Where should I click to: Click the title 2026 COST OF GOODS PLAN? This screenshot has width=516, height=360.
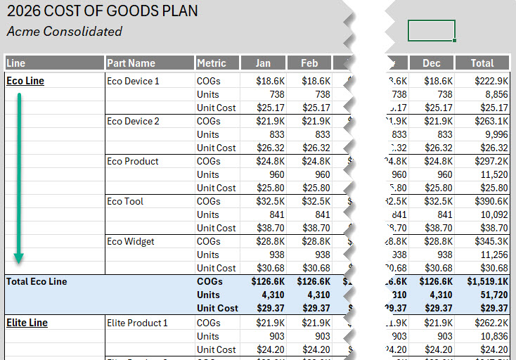click(102, 11)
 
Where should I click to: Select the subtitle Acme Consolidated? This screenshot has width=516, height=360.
click(64, 32)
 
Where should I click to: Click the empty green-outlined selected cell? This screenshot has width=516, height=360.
click(431, 31)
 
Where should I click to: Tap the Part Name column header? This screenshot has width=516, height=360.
click(131, 63)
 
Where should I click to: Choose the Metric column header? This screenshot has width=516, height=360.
click(212, 63)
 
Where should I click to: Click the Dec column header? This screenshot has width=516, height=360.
click(431, 63)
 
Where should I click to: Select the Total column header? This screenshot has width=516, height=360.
click(482, 63)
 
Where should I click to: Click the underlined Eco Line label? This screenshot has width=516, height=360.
click(25, 81)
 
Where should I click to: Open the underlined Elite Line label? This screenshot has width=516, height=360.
click(27, 323)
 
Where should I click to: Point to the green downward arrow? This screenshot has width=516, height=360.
click(20, 176)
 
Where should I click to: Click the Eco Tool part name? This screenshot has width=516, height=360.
click(125, 201)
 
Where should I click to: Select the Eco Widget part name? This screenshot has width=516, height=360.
click(130, 241)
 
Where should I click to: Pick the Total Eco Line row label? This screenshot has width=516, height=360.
click(37, 281)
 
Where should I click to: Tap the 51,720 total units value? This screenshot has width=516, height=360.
click(492, 295)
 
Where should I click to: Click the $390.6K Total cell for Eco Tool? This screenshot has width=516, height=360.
click(490, 201)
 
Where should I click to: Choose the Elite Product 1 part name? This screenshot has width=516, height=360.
click(137, 323)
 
